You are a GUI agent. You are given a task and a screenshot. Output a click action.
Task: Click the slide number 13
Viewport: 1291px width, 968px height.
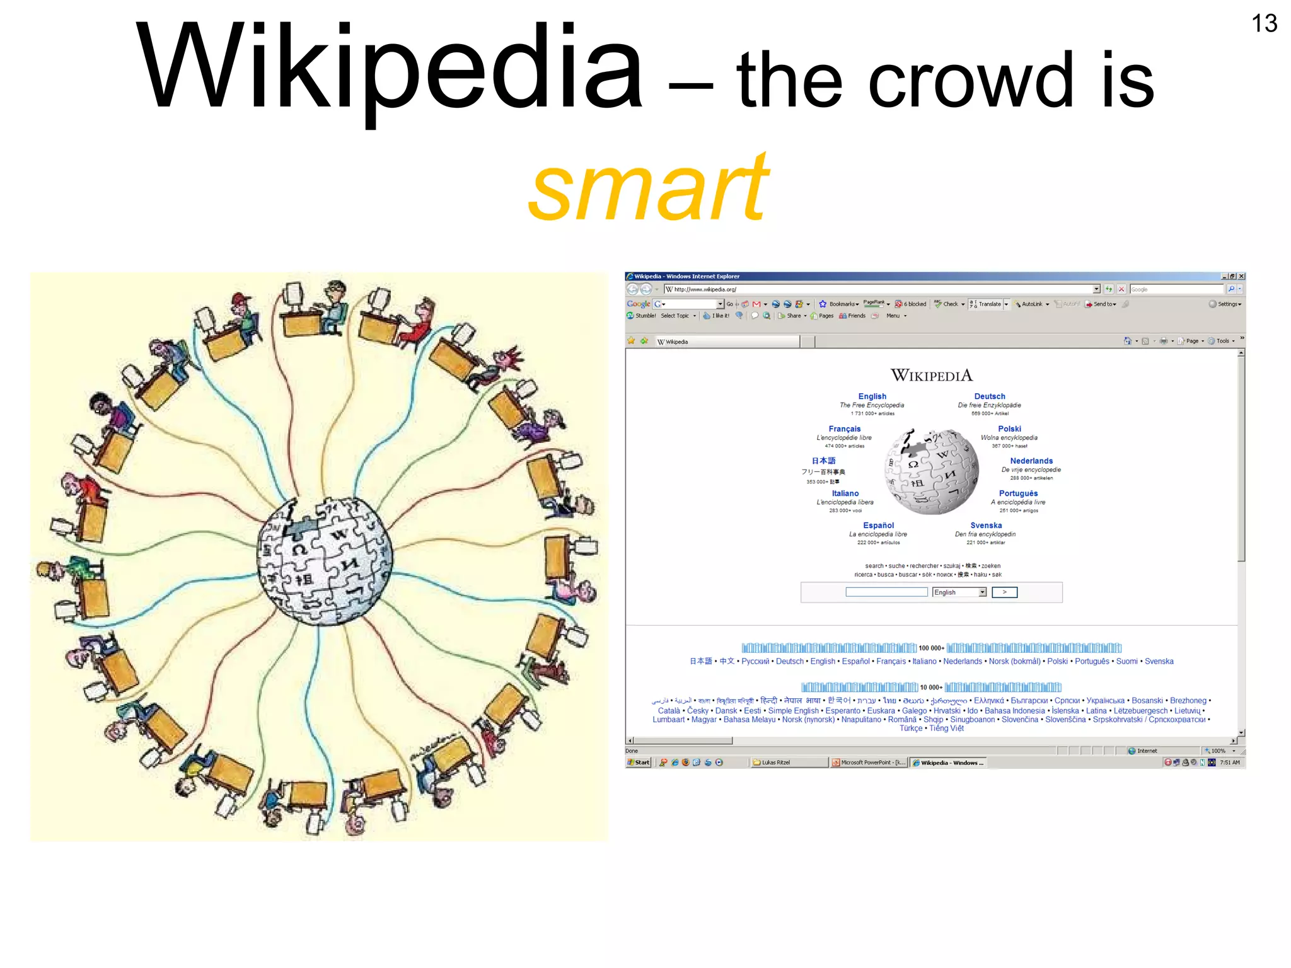1263,24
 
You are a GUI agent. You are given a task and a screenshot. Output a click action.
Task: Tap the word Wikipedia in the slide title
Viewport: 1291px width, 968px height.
389,68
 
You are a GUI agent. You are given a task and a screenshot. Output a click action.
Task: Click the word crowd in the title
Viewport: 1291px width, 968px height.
971,81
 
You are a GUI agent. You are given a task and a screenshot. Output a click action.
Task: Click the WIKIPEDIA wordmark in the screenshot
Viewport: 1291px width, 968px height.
931,376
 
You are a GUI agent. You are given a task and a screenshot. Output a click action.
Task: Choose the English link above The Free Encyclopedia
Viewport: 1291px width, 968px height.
872,396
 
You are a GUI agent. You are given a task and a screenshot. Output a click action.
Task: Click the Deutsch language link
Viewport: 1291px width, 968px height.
989,396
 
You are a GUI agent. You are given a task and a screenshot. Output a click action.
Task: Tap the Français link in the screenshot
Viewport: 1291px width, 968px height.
844,429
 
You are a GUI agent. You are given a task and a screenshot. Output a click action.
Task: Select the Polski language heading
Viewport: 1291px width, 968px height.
1009,429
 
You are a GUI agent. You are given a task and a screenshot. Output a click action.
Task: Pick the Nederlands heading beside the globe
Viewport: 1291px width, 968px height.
1031,461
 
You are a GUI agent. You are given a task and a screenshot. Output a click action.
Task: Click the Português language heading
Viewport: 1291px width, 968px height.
1017,493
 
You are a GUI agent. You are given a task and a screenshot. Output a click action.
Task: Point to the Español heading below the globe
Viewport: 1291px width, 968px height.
878,525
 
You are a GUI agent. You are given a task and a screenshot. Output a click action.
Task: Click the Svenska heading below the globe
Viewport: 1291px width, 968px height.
985,525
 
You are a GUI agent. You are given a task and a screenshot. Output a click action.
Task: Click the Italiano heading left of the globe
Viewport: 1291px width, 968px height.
845,493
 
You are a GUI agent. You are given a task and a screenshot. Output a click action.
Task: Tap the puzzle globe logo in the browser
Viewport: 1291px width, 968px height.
931,471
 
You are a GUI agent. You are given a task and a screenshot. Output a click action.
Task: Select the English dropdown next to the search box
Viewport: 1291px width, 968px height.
959,592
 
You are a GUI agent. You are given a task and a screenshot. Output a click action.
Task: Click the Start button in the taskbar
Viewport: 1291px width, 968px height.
639,763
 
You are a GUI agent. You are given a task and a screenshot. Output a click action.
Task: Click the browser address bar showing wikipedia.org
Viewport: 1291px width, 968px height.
883,289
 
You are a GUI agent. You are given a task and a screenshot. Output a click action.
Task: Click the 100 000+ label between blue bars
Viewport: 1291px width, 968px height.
931,648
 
